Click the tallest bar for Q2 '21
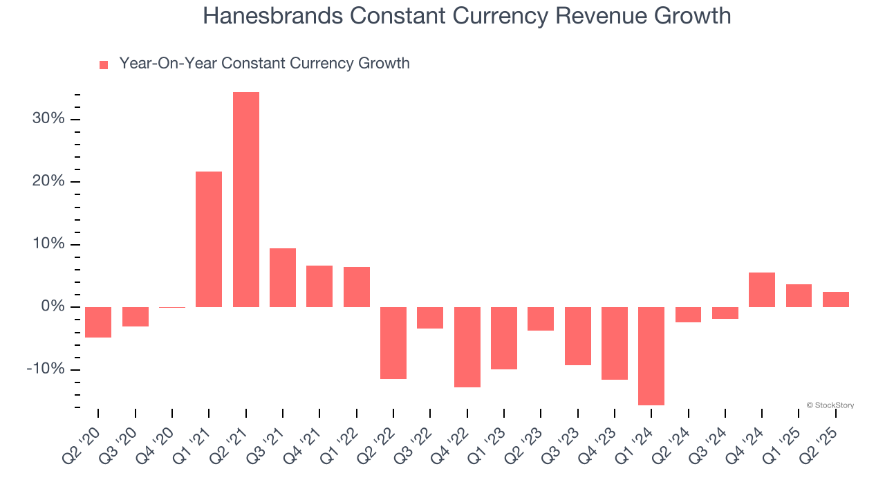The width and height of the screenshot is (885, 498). (246, 199)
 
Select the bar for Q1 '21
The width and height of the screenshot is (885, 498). (209, 239)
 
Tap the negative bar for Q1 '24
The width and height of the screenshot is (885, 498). (651, 356)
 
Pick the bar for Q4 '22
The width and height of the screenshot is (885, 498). (467, 347)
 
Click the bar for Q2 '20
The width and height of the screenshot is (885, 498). (98, 322)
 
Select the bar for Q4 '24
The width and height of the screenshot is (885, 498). (762, 290)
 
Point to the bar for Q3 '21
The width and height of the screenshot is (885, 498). (283, 277)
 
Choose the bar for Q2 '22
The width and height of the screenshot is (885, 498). (393, 342)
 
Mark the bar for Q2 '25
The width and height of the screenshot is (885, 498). (836, 299)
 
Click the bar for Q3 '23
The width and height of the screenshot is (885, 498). (578, 335)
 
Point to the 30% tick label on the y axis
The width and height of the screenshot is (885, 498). (48, 119)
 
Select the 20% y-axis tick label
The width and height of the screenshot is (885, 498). (48, 182)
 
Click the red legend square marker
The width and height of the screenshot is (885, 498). (104, 64)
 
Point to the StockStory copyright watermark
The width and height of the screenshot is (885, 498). (830, 405)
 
